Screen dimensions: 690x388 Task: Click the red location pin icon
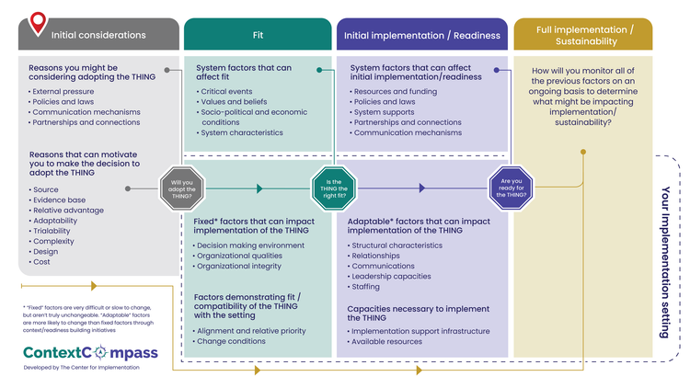click(38, 23)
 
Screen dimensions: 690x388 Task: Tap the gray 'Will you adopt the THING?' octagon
click(182, 188)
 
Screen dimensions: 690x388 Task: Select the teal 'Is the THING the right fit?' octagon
click(334, 188)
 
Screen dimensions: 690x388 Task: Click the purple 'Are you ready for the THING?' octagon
click(511, 188)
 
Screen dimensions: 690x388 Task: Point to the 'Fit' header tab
click(258, 34)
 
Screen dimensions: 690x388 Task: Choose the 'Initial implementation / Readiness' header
click(422, 34)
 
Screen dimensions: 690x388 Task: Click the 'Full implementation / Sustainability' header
click(583, 34)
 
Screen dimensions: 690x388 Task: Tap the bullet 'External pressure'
click(61, 92)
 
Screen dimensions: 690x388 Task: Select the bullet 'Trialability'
click(50, 231)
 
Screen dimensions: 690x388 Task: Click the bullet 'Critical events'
click(224, 92)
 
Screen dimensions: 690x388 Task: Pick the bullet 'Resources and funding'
click(394, 92)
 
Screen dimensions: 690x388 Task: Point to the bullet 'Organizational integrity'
click(237, 266)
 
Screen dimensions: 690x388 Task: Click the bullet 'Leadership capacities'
click(389, 276)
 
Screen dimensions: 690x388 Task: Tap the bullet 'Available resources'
click(385, 341)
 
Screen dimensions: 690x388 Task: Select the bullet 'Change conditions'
click(229, 341)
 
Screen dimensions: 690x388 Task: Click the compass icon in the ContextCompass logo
click(101, 352)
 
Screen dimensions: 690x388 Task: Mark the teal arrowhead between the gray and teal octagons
click(259, 188)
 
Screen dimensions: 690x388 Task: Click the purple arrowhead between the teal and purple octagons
click(422, 188)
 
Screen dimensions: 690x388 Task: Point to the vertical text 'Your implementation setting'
click(666, 262)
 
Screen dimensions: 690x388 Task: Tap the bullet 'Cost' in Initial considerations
click(40, 262)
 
